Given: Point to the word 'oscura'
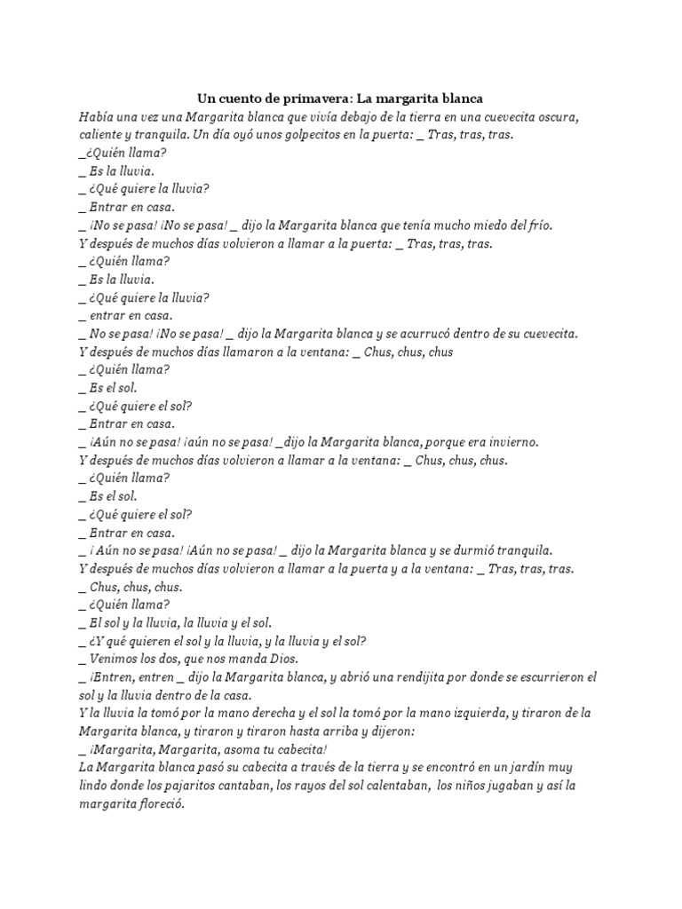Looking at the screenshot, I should click(559, 116).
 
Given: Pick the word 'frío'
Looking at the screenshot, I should click(536, 225).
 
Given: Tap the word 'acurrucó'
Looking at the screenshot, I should click(435, 334).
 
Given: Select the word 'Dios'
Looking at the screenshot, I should click(282, 659).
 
